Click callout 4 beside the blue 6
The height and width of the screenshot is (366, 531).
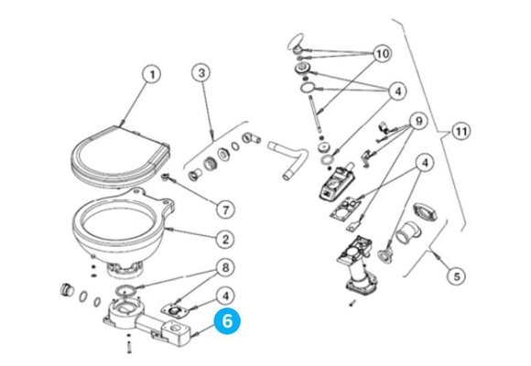225,296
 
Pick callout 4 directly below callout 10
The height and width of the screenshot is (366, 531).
397,91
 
